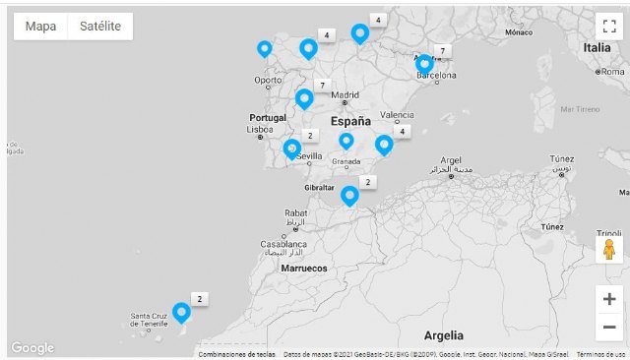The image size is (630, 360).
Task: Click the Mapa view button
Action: click(40, 27)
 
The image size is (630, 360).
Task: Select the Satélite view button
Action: click(99, 27)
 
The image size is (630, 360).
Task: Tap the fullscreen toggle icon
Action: click(608, 26)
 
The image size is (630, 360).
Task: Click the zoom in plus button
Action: click(609, 299)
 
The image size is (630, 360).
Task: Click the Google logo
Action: click(32, 348)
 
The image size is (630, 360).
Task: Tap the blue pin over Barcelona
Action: click(424, 65)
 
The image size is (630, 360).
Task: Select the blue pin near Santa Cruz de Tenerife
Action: click(181, 312)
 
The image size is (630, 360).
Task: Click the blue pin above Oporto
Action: click(264, 47)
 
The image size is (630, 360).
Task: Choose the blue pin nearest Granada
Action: click(346, 141)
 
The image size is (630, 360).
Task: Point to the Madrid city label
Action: click(345, 96)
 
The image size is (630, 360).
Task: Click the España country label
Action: click(350, 122)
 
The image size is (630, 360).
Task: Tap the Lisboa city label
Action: click(260, 129)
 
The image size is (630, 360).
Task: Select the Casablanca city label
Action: click(283, 244)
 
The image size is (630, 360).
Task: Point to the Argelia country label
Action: click(443, 335)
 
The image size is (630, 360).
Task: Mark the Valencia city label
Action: click(397, 114)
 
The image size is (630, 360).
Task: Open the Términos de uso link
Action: click(599, 354)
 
